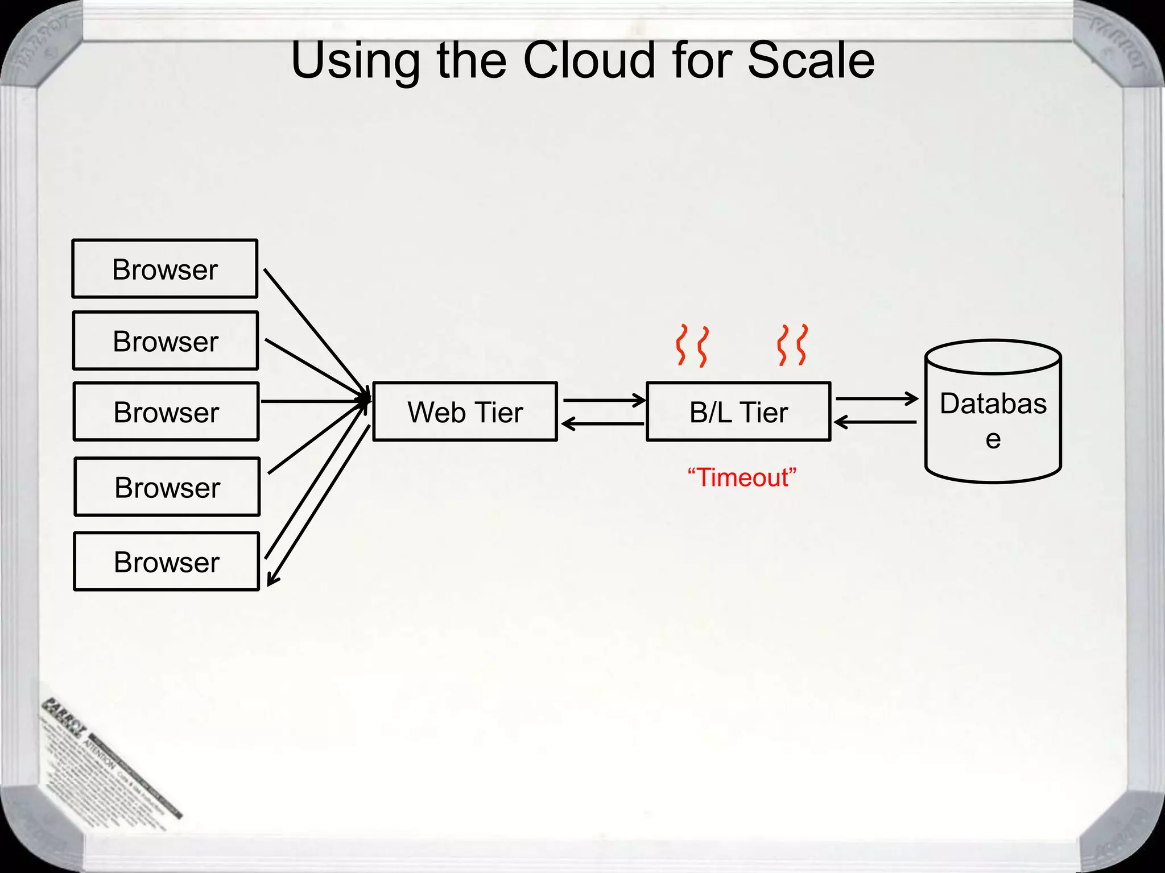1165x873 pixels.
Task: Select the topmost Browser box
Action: tap(165, 269)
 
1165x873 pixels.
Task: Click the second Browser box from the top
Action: tap(166, 341)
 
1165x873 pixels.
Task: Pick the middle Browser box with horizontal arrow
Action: tap(166, 412)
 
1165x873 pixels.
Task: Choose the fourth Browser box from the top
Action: tap(167, 487)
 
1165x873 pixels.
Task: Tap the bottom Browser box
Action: tap(167, 562)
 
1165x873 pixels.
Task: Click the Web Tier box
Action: tap(465, 412)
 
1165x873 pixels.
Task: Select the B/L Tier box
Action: tap(738, 412)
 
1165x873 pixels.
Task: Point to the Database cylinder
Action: tap(993, 421)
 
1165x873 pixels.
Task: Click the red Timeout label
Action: tap(742, 477)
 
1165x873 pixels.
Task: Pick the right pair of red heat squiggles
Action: tap(792, 345)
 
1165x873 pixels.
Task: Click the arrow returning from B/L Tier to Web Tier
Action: tap(603, 424)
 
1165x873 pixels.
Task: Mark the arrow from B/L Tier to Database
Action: tap(876, 399)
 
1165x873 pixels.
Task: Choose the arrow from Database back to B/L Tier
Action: tap(876, 422)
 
